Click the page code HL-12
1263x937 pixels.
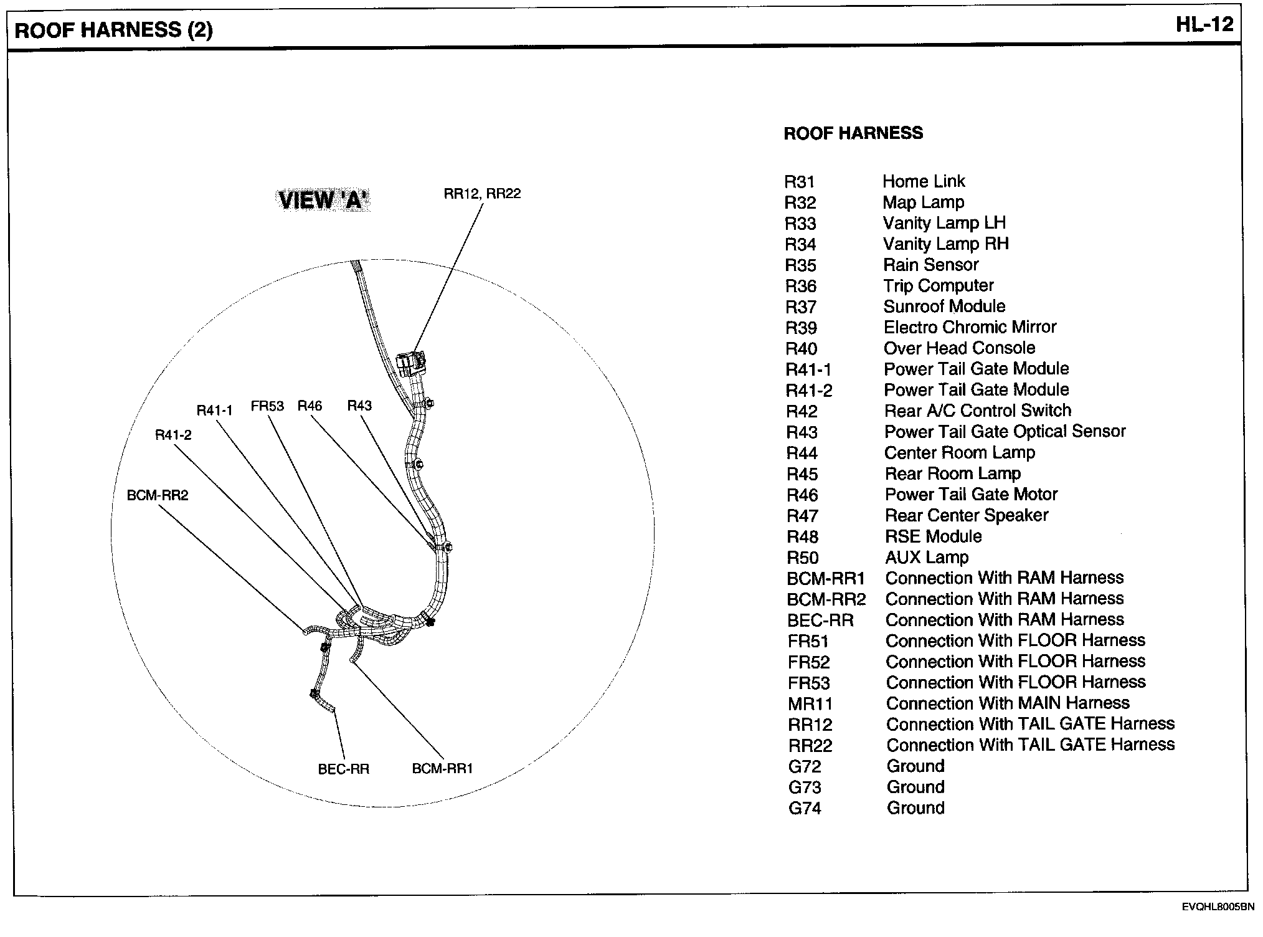pyautogui.click(x=1204, y=25)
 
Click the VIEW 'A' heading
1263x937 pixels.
pyautogui.click(x=323, y=200)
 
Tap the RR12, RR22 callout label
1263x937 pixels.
pyautogui.click(x=482, y=194)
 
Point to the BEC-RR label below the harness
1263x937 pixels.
pyautogui.click(x=343, y=769)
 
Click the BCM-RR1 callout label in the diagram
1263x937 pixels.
pyautogui.click(x=442, y=769)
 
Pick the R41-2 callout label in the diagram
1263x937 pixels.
pyautogui.click(x=173, y=435)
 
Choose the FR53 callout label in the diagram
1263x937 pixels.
pyautogui.click(x=267, y=407)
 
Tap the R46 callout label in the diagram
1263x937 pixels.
pyautogui.click(x=310, y=406)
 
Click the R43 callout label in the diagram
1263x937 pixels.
pyautogui.click(x=359, y=406)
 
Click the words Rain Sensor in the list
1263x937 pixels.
pyautogui.click(x=930, y=265)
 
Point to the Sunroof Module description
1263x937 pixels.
pyautogui.click(x=944, y=307)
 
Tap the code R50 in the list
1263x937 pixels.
pyautogui.click(x=802, y=558)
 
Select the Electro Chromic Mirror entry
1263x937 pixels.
pyautogui.click(x=970, y=327)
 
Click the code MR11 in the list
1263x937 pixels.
pyautogui.click(x=810, y=704)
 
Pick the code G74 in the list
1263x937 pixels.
pyautogui.click(x=805, y=809)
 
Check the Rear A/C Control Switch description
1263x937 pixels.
pyautogui.click(x=978, y=411)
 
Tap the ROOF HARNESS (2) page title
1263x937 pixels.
pyautogui.click(x=113, y=30)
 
